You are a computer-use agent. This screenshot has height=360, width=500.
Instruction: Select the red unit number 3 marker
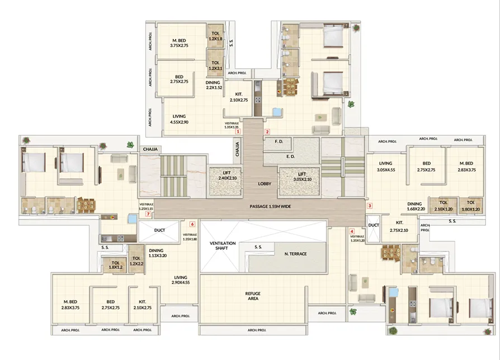(x=370, y=205)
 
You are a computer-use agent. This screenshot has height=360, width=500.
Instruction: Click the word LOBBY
(x=265, y=183)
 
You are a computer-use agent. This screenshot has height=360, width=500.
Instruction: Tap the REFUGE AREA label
(x=253, y=296)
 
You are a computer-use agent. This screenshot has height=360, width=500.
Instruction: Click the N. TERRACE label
(x=295, y=254)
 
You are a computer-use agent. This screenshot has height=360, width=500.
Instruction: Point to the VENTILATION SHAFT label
(x=220, y=246)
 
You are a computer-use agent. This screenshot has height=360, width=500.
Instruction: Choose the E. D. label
(x=290, y=157)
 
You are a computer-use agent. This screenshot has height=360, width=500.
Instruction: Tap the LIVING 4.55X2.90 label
(x=179, y=119)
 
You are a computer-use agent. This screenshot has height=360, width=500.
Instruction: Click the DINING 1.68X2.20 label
(x=414, y=206)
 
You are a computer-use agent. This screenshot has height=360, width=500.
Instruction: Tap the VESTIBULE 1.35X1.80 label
(x=190, y=237)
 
